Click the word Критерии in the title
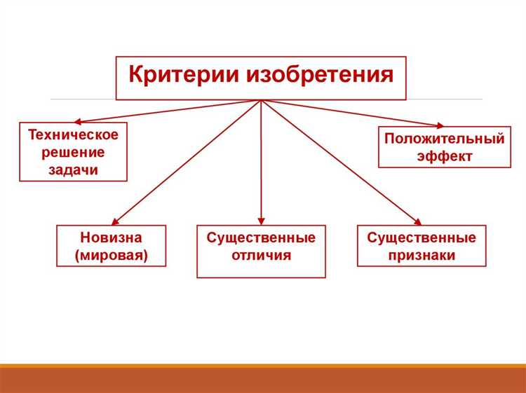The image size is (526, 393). (183, 75)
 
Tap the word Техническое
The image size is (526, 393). (73, 134)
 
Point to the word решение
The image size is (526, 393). (73, 152)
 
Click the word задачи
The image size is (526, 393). (73, 170)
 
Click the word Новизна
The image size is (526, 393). (112, 237)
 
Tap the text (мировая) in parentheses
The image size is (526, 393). (112, 256)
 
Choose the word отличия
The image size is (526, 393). (261, 256)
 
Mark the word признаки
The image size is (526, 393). (422, 256)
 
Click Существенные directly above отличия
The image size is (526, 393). (261, 237)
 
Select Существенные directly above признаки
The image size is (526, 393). (422, 237)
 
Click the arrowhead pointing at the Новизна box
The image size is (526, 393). (116, 221)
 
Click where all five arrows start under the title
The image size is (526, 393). (261, 101)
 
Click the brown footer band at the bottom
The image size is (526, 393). (263, 380)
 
